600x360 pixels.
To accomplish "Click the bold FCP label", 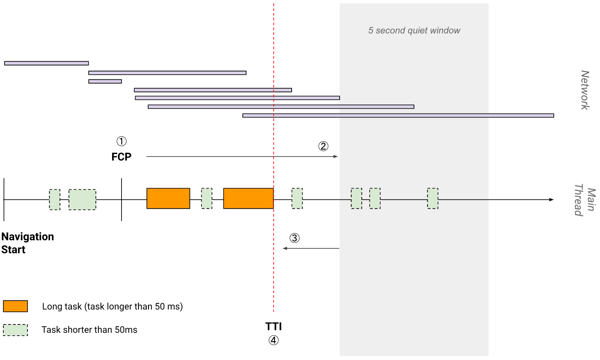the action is (121, 157).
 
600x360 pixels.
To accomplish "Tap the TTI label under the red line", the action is (274, 326).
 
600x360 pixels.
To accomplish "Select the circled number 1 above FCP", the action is (121, 141).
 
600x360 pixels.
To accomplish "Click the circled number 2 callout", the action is (323, 146).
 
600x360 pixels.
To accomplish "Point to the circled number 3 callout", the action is (295, 238).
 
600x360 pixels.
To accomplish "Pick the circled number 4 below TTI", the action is (274, 340).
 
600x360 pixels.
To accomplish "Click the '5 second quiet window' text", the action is (414, 30).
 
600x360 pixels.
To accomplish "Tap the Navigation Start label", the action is (28, 243).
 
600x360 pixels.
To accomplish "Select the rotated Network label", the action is (585, 90).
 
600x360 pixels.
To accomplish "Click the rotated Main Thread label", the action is (585, 200).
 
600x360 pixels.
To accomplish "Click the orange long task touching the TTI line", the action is (248, 198).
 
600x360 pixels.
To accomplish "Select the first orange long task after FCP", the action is (168, 198).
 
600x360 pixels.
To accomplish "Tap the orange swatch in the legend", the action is (15, 306).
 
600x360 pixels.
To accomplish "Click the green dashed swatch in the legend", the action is (15, 330).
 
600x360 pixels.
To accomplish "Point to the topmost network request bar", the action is (46, 63).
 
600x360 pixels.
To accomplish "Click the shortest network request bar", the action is (105, 81).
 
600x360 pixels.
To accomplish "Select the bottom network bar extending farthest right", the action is (398, 116).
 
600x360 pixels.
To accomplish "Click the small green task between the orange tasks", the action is (207, 198).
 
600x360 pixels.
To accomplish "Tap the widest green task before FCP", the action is (82, 200).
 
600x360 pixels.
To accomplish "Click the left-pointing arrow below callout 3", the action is (311, 248).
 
